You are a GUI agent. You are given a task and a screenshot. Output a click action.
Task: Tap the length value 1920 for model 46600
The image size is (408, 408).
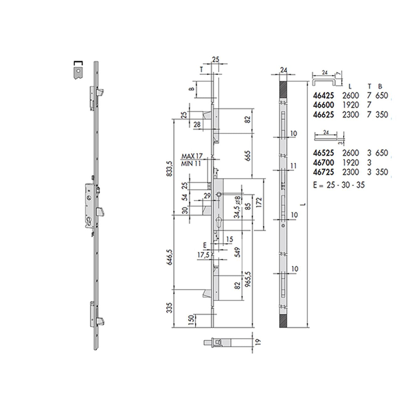click(x=350, y=105)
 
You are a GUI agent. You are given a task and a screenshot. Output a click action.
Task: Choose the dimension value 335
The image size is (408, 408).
click(x=178, y=308)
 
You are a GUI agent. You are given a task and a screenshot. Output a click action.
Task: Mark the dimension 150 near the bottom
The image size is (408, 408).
click(x=191, y=320)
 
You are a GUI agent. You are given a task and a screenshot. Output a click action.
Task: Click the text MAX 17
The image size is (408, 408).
click(x=192, y=156)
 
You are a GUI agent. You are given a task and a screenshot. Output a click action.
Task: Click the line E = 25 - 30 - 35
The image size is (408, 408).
click(x=339, y=185)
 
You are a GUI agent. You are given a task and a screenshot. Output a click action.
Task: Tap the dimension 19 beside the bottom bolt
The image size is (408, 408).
click(x=258, y=342)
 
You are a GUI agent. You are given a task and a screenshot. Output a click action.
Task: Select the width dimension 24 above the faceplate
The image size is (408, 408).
click(x=283, y=70)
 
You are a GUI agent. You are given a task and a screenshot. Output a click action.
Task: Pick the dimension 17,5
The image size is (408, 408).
click(x=203, y=255)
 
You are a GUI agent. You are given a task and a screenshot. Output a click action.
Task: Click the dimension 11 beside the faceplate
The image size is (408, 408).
click(x=293, y=166)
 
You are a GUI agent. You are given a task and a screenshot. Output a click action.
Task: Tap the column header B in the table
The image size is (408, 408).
click(x=380, y=87)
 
